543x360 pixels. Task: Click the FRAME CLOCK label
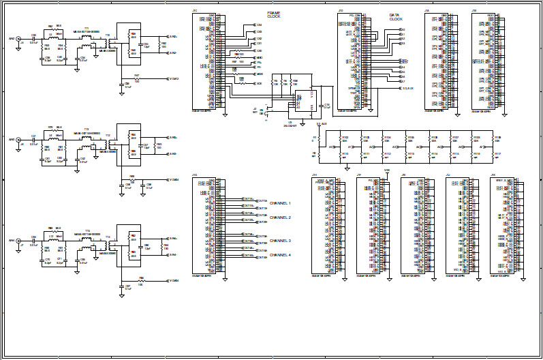tap(273, 15)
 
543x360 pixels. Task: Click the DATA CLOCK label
tap(396, 17)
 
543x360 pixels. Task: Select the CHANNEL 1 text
tap(281, 203)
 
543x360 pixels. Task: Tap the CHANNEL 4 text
tap(281, 255)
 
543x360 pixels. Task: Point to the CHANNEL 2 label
tap(281, 217)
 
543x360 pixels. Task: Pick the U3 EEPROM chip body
tap(304, 100)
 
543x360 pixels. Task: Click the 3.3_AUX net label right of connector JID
tap(407, 88)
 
